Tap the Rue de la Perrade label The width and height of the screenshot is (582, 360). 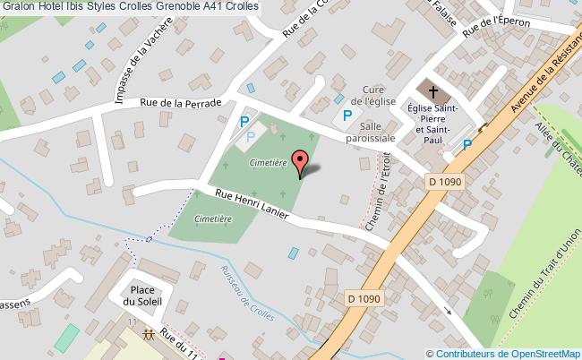coord(180,103)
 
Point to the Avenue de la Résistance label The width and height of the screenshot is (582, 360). coord(544,79)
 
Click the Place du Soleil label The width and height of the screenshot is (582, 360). coord(143,296)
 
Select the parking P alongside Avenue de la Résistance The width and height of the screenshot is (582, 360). coord(466,147)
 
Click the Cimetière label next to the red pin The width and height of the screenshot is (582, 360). coord(267,164)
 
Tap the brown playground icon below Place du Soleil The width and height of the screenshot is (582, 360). coord(149,336)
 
